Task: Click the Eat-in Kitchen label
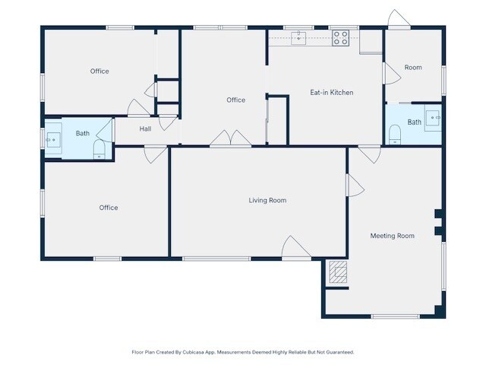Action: pos(332,93)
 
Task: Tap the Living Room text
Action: pos(267,201)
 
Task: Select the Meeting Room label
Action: pos(392,236)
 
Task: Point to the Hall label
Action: pos(145,129)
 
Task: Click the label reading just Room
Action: pos(412,68)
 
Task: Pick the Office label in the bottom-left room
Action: pos(109,208)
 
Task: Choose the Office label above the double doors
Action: pos(235,100)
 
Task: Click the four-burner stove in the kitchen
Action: pos(340,38)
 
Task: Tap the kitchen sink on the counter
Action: pos(298,38)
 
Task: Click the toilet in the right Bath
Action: pos(394,135)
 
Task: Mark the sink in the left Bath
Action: pos(52,139)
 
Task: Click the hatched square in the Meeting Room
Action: pos(338,271)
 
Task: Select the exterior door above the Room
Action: pos(398,19)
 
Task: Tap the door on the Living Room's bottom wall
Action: pos(295,248)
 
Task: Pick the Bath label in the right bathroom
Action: pos(414,122)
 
